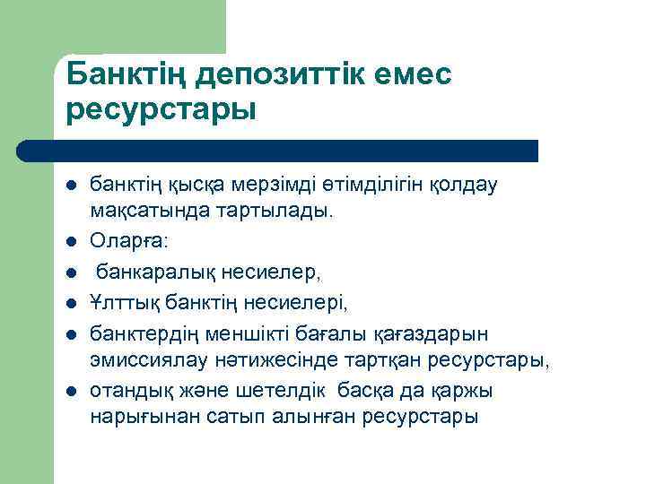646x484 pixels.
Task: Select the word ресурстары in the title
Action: pos(161,110)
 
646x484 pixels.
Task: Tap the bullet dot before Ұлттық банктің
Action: pos(71,303)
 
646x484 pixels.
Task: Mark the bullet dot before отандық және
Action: pos(71,392)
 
